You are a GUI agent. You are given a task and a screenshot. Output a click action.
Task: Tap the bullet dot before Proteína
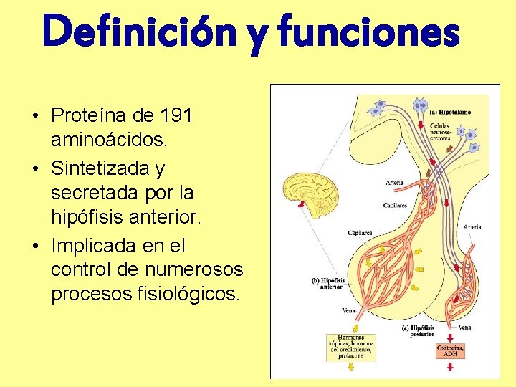pyautogui.click(x=34, y=115)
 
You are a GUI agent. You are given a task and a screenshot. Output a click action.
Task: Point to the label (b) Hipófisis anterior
pyautogui.click(x=328, y=283)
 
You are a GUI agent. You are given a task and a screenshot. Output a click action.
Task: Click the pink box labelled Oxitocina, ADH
pyautogui.click(x=450, y=351)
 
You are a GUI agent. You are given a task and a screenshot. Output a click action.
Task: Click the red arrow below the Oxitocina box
pyautogui.click(x=450, y=367)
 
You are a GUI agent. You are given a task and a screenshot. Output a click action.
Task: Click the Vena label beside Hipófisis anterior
pyautogui.click(x=348, y=311)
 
